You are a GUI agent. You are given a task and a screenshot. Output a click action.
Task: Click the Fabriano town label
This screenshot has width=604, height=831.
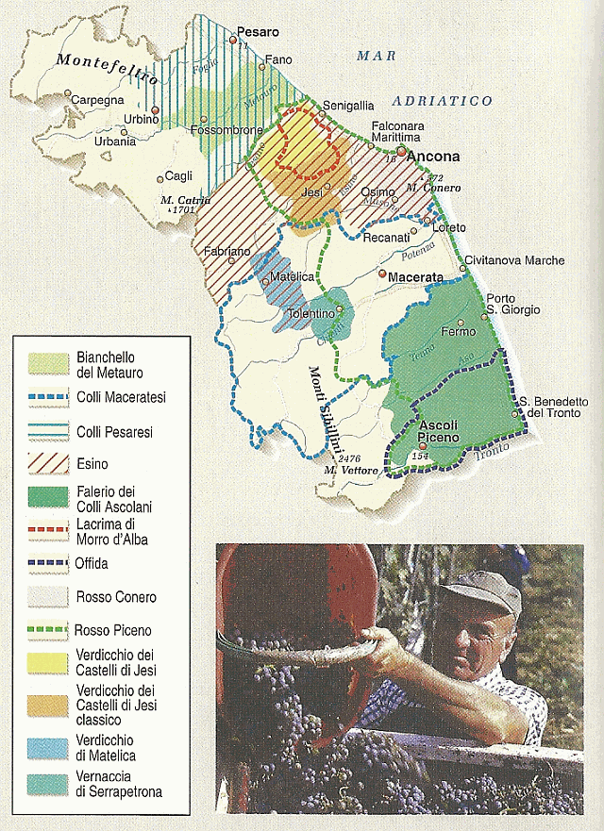[x=226, y=252]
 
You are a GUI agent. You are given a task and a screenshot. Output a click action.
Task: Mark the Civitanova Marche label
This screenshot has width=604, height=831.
[x=514, y=260]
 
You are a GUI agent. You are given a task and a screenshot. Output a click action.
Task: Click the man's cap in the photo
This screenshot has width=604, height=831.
[x=481, y=590]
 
